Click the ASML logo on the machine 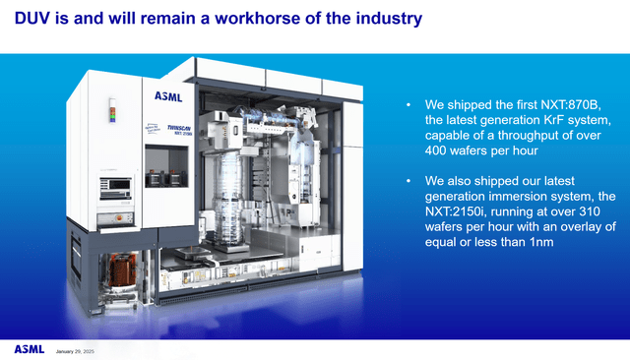point(168,95)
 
